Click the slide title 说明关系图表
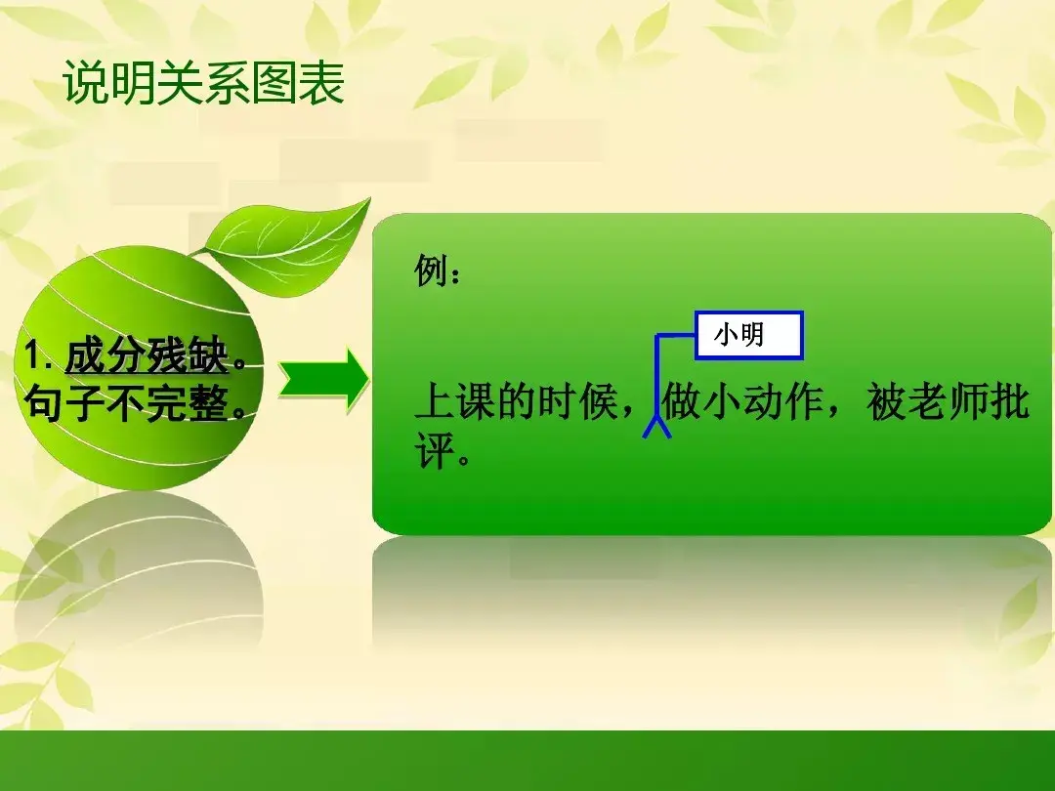(203, 83)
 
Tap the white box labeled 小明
(749, 335)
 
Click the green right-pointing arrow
(323, 380)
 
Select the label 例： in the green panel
(438, 271)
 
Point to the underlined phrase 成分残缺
(148, 355)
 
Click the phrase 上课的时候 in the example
(516, 402)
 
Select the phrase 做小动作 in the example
(742, 402)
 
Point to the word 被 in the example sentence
(886, 402)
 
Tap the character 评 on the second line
(435, 449)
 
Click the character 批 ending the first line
(1009, 402)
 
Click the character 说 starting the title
(85, 83)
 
